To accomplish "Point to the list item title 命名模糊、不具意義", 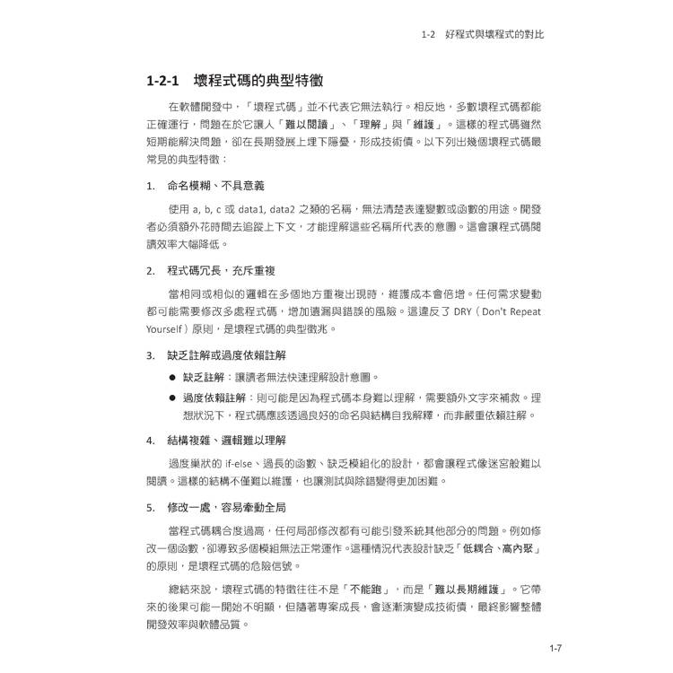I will [x=215, y=186].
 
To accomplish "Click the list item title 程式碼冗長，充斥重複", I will [x=221, y=270].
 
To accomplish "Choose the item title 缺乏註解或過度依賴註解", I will [x=227, y=354].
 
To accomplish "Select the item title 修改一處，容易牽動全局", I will [x=227, y=507].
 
